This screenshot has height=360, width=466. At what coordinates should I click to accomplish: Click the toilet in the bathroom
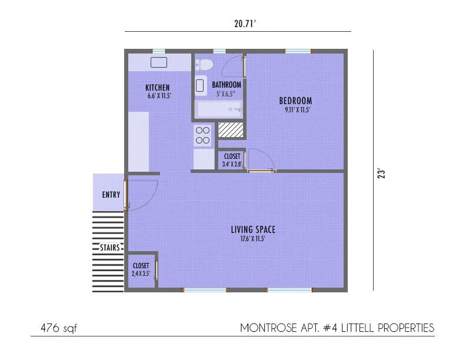coord(204,64)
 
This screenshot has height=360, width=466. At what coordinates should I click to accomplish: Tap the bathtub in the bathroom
coord(219,109)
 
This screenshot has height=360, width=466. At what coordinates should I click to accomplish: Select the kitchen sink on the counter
coord(159,62)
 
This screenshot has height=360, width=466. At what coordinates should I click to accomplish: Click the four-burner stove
coord(202,135)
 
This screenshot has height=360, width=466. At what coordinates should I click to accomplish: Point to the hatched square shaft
coord(231,130)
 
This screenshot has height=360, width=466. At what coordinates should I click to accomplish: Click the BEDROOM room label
coord(295,101)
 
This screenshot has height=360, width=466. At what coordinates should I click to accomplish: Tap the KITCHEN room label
coord(158,88)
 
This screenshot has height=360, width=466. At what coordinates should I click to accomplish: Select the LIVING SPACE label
coord(253,229)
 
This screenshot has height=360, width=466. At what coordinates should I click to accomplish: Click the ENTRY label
coord(111,195)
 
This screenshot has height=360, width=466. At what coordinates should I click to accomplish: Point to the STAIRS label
coord(110,248)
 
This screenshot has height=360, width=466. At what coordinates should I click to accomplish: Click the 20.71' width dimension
coord(245,24)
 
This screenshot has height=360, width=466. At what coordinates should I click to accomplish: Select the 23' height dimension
coord(381,174)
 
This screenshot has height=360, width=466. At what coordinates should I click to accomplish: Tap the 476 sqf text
coord(59,328)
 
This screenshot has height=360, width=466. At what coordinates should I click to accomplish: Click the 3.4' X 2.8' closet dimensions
coord(232,164)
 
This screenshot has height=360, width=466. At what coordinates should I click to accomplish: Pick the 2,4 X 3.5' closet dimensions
coord(141,274)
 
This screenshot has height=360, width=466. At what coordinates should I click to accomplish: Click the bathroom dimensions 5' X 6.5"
coord(226,94)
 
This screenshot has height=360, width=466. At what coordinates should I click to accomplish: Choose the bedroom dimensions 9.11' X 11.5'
coord(297,110)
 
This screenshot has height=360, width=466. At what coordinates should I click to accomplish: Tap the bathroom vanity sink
coord(200,85)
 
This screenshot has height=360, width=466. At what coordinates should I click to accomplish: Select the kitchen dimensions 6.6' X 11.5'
coord(159,96)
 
